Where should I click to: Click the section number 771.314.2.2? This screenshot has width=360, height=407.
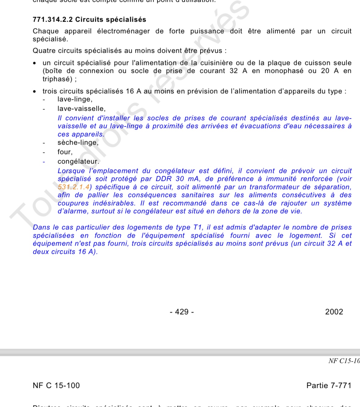(53, 20)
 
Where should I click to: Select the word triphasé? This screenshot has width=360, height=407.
(57, 79)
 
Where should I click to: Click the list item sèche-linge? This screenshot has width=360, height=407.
(78, 142)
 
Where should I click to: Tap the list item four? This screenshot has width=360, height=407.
(65, 152)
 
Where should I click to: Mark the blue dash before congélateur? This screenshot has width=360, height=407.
(44, 162)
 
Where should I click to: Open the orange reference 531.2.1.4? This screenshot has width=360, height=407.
(74, 187)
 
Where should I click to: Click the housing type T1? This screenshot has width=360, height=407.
(198, 227)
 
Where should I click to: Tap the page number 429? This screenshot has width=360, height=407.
(182, 312)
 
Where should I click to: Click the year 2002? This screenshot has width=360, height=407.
(334, 312)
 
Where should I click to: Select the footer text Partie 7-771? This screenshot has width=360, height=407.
(329, 386)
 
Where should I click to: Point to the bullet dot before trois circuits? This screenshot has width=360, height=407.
(35, 92)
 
